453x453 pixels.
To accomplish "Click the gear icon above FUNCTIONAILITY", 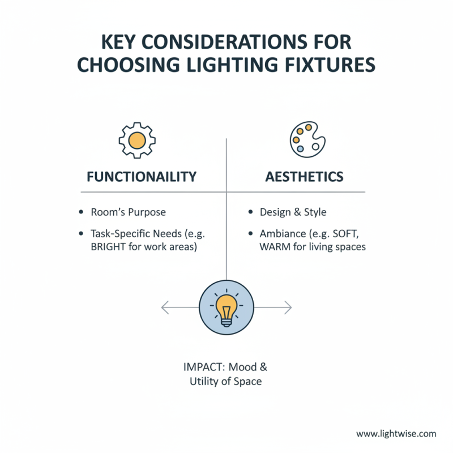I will click(136, 139).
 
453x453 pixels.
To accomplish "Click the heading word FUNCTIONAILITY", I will click(142, 177).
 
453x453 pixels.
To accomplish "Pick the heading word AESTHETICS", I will click(305, 177).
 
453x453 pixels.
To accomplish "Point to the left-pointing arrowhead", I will click(164, 308).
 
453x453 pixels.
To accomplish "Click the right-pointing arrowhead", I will click(289, 308).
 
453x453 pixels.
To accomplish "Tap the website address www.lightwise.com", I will click(396, 433).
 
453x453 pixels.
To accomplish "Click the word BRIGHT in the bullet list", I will click(109, 247).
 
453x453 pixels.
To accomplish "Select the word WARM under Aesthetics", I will click(273, 247).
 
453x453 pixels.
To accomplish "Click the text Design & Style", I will click(293, 213).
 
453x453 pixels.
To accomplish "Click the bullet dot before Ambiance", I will click(251, 233).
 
